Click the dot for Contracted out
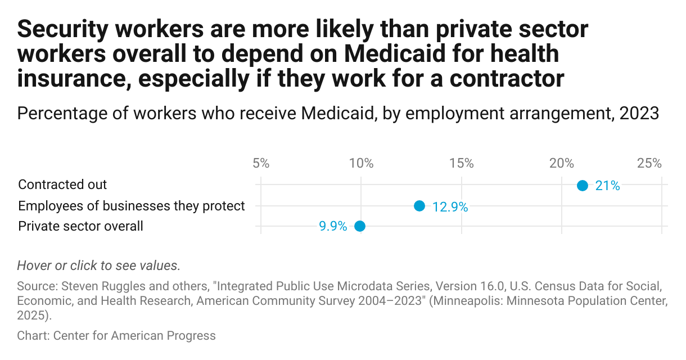[x=583, y=186]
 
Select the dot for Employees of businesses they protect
[x=419, y=206]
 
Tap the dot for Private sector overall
[x=360, y=226]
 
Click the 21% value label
[x=607, y=186]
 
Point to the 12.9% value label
[x=450, y=206]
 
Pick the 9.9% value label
[x=333, y=227]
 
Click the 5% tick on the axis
[x=261, y=164]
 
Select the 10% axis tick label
[x=361, y=164]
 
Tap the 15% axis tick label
[x=461, y=164]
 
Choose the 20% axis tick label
[x=561, y=164]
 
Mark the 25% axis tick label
[x=649, y=164]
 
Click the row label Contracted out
[x=62, y=184]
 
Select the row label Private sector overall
[x=80, y=226]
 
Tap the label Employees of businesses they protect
[x=132, y=206]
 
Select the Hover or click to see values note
[x=99, y=265]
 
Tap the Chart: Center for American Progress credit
[x=116, y=336]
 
